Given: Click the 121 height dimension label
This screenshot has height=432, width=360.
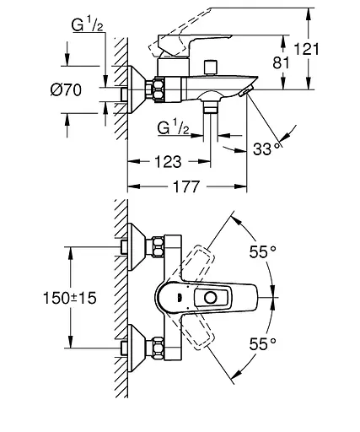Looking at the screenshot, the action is (x=307, y=49).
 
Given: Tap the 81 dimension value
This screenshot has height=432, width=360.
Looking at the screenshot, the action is (x=281, y=62).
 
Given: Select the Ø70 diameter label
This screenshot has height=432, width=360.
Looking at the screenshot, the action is (x=66, y=90).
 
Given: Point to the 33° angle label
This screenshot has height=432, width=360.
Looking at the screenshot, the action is (x=266, y=148).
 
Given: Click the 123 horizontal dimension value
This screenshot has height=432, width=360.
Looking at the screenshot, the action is (x=168, y=162).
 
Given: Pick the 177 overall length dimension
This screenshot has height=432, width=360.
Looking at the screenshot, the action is (x=186, y=186).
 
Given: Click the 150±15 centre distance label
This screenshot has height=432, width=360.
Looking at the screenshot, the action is (x=70, y=298).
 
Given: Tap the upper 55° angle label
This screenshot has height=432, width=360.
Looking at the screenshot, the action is (x=263, y=251).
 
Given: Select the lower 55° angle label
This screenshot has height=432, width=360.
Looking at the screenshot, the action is (x=263, y=343).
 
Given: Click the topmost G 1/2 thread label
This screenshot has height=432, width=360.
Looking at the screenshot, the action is (x=87, y=24).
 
